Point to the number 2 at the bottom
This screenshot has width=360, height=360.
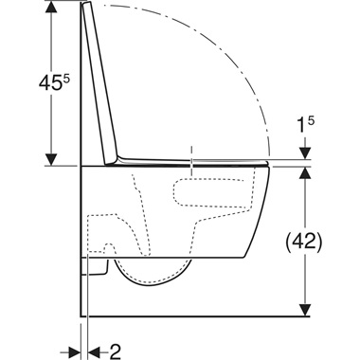point(116,351)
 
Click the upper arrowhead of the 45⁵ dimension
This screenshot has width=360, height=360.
point(45,10)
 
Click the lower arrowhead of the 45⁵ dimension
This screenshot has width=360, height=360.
point(45,156)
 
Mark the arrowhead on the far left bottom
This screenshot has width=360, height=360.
point(71,351)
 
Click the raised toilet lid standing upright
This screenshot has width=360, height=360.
point(103,85)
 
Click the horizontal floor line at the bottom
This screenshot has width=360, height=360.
point(189,316)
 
